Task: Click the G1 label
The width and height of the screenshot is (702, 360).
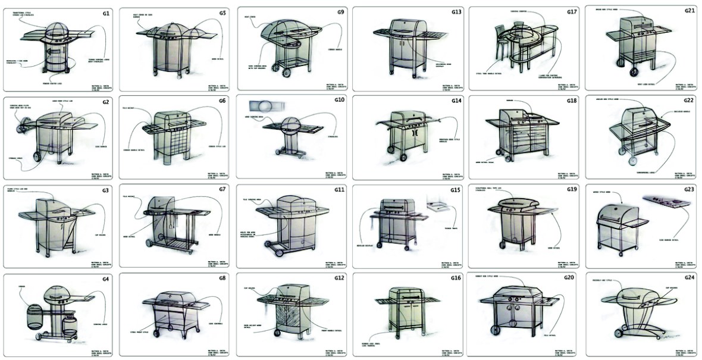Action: [106, 12]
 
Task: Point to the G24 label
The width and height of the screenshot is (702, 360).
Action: [689, 278]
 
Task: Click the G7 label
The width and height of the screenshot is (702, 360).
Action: [222, 189]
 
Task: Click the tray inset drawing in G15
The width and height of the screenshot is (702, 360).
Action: [439, 206]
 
